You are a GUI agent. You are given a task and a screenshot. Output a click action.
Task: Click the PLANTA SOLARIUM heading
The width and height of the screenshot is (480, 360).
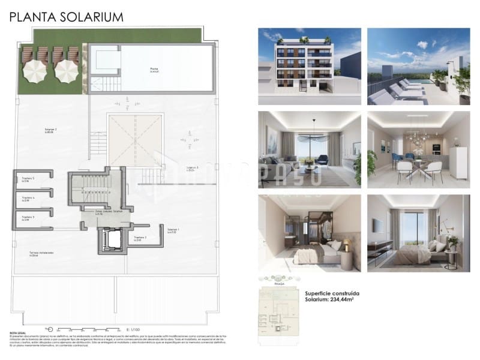(66, 17)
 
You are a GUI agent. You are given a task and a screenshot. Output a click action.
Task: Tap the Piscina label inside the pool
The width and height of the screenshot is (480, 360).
(154, 70)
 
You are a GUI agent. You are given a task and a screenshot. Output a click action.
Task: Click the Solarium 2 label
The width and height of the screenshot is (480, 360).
(51, 130)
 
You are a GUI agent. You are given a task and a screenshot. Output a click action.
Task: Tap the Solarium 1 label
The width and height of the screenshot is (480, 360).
(173, 230)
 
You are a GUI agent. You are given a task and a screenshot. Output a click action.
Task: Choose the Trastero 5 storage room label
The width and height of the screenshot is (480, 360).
(28, 179)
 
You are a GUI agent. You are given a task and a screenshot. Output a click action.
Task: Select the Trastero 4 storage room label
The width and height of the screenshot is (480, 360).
(28, 199)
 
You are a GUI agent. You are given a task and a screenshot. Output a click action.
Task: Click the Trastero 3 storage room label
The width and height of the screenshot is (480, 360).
(28, 218)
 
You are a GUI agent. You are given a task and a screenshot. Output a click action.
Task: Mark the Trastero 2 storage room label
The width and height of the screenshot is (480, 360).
(140, 239)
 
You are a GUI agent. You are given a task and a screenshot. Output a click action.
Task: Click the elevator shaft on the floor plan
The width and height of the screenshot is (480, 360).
(112, 241)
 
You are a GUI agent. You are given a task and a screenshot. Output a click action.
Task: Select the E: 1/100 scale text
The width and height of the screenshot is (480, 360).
(133, 329)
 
